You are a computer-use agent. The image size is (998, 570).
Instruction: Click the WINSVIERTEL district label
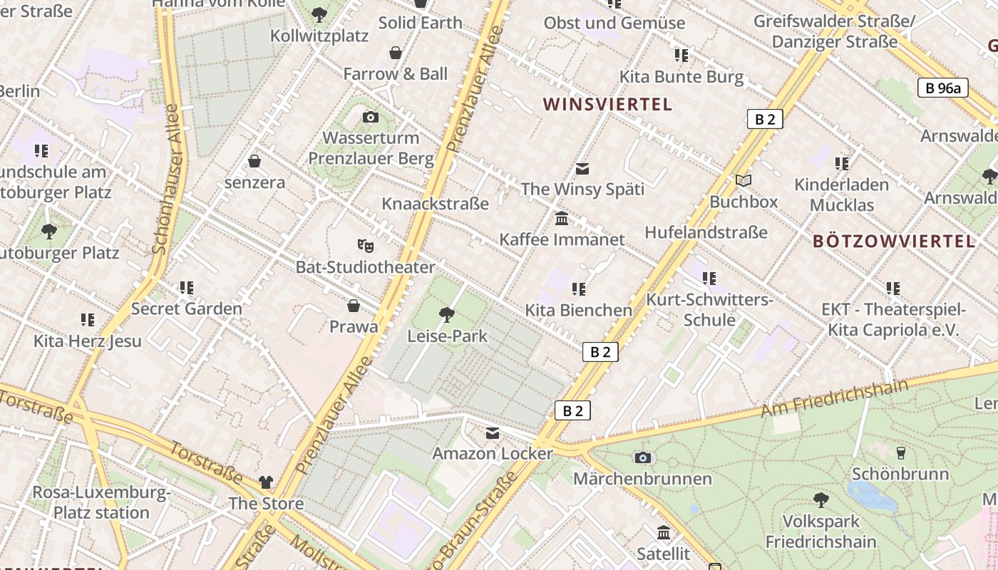607,105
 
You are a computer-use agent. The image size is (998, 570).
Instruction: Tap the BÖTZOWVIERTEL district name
894,241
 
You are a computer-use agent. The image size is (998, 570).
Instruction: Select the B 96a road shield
942,88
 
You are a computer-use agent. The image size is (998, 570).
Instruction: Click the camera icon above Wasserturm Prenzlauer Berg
371,117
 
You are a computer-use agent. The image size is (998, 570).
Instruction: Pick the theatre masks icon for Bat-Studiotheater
365,246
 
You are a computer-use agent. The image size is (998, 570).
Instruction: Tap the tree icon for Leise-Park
447,314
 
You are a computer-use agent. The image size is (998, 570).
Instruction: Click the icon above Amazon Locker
493,432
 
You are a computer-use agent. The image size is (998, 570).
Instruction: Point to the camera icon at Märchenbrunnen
642,457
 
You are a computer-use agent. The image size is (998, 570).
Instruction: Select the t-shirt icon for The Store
266,482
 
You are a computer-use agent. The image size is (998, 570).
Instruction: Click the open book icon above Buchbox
744,181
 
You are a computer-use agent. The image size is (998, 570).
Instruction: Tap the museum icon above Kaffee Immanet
562,218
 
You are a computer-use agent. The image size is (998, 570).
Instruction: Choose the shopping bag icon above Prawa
353,306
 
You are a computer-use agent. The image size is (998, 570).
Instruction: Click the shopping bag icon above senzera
254,161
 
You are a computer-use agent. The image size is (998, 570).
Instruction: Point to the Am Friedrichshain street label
834,398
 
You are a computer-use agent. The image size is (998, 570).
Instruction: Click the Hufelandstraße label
706,232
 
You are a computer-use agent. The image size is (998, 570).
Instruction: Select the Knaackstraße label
435,204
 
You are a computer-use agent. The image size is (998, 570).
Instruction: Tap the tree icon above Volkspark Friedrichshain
820,500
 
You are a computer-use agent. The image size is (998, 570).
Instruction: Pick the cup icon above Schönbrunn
900,452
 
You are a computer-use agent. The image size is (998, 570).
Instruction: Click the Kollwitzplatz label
319,35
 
